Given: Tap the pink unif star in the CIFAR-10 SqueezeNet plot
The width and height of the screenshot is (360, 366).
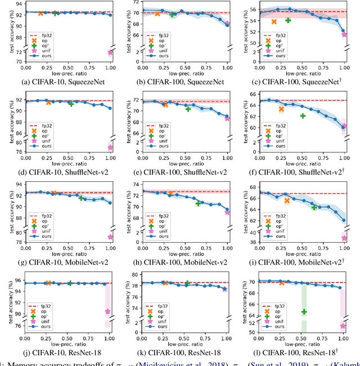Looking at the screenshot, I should coord(110,53).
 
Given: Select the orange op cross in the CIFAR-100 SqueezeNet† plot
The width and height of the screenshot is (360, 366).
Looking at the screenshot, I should coord(274,22).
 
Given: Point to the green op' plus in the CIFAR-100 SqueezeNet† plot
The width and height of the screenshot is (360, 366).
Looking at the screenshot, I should coord(288,20).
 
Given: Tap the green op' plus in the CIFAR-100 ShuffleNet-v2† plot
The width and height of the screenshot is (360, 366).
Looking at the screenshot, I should coord(303,116).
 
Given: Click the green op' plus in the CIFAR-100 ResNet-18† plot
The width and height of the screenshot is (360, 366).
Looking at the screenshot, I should coord(304,311).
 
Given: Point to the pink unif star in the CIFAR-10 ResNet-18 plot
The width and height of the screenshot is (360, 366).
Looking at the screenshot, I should coord(107,311).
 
